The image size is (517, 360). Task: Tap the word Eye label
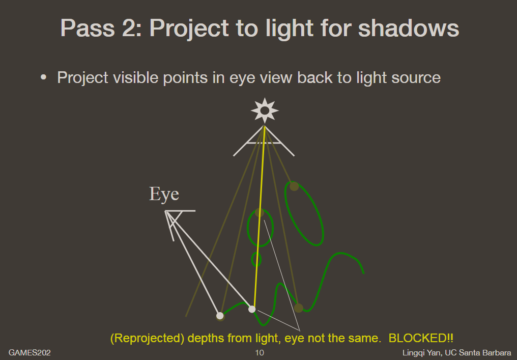click(164, 195)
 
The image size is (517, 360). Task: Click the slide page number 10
click(260, 353)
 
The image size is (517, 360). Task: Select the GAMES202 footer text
click(30, 353)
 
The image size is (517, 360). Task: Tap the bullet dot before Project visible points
click(44, 77)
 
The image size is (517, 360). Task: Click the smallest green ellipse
click(256, 260)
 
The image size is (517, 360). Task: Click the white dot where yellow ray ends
click(252, 309)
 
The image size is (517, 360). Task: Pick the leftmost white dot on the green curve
click(220, 316)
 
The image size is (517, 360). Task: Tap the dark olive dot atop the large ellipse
click(294, 186)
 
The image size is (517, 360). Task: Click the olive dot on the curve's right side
click(299, 308)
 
